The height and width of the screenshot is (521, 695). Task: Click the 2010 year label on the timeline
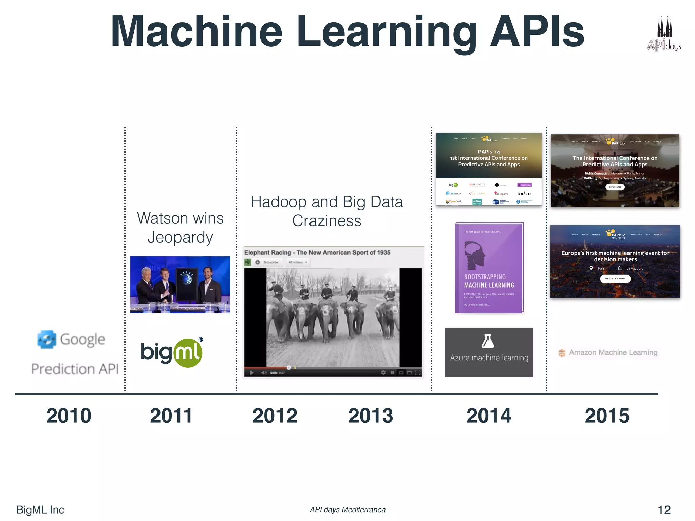(69, 416)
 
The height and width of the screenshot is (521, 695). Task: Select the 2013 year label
(371, 416)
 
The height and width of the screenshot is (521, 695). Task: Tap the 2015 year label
(607, 416)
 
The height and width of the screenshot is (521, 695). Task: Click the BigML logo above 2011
(172, 353)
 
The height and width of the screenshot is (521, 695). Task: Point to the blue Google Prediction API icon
(47, 339)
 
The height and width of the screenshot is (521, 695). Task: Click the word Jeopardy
(180, 237)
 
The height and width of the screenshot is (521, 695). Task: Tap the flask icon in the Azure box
(488, 341)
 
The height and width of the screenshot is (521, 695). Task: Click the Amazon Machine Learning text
(613, 352)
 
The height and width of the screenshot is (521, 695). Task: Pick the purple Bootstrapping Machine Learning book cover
(489, 268)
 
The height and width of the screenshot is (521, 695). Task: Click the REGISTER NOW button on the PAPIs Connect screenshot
(615, 279)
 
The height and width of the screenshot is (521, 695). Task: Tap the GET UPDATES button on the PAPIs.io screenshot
(615, 187)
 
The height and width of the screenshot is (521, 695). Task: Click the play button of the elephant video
(252, 373)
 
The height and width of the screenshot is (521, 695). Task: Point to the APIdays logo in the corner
(664, 34)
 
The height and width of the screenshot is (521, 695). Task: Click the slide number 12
(664, 510)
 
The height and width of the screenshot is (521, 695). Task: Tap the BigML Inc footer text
(40, 510)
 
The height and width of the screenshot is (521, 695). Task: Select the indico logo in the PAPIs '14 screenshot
(524, 194)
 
